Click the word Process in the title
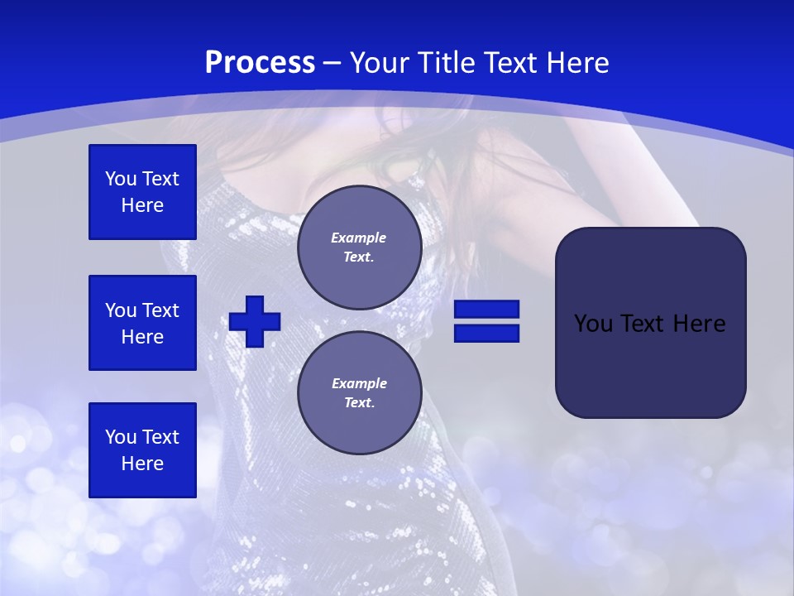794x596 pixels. point(260,63)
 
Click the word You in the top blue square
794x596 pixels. point(121,179)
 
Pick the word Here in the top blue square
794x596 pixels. point(142,205)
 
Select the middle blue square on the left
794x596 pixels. point(142,323)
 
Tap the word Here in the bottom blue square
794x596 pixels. point(142,464)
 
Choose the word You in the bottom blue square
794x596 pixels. point(121,437)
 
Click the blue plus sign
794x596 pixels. point(255,321)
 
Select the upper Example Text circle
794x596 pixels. point(359,248)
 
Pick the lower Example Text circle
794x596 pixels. point(359,393)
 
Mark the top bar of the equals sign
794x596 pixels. point(486,310)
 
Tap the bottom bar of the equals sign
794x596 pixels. point(486,333)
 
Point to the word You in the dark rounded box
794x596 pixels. point(592,323)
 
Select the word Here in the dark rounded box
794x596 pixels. point(699,323)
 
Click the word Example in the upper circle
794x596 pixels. point(359,238)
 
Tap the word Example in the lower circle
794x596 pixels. point(359,383)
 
